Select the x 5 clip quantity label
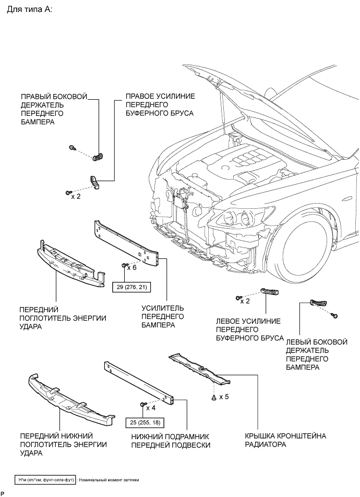tap(224, 397)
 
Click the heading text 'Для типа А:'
tap(30, 9)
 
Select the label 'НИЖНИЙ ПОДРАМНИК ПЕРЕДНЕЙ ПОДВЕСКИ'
tap(171, 441)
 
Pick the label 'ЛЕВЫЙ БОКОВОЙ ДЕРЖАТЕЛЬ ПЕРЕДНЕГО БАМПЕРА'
tap(317, 354)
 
